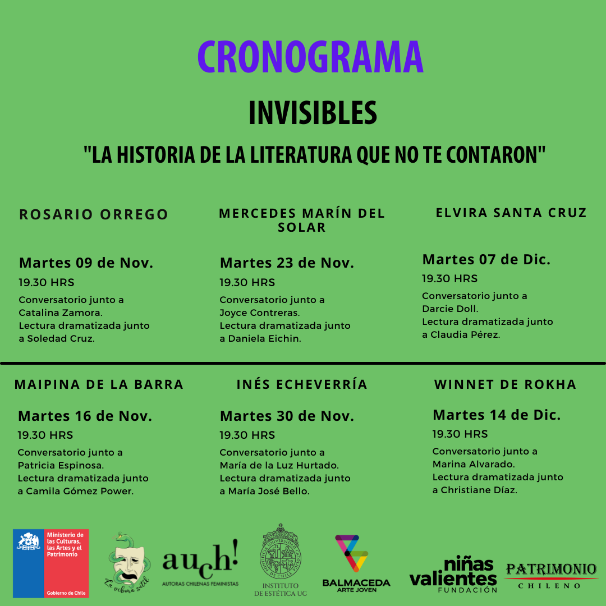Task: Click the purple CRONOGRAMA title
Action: [310, 57]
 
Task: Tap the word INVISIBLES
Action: [313, 113]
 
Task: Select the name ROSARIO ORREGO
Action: [94, 214]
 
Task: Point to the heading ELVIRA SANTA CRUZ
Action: [511, 213]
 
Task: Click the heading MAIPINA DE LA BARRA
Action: [99, 384]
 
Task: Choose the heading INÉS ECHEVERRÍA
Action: [302, 384]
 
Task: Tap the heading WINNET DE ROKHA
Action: [505, 384]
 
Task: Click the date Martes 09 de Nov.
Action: [86, 263]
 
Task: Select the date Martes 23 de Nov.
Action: [287, 263]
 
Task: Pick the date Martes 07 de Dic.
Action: [486, 259]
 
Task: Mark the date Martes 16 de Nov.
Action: [85, 416]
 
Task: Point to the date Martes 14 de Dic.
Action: [497, 415]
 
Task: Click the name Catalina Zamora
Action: [59, 313]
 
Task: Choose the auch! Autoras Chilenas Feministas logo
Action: [200, 564]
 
